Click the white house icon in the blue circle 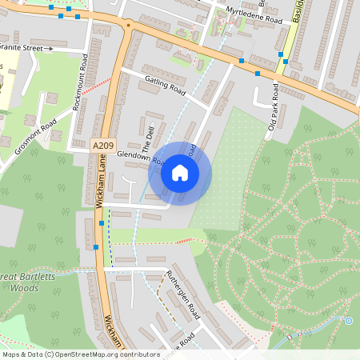click(x=180, y=173)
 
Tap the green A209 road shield click(x=102, y=145)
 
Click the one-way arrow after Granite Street click(x=48, y=48)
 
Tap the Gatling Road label click(x=165, y=86)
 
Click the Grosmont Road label click(x=36, y=138)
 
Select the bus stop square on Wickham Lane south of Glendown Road click(x=101, y=224)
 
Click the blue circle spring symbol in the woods click(x=348, y=320)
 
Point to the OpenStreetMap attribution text click(x=80, y=354)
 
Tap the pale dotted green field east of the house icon click(x=228, y=172)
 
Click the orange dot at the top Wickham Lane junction click(x=129, y=26)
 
